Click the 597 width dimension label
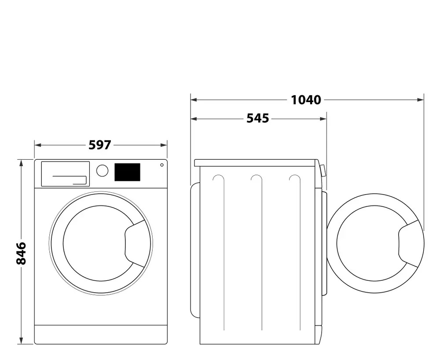[x=100, y=145]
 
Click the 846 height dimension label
[x=21, y=253]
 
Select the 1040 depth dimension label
[x=306, y=100]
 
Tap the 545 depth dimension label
[x=257, y=118]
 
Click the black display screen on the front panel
[x=127, y=172]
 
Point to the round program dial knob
[x=102, y=171]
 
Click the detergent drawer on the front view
[x=65, y=174]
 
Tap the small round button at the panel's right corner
[x=161, y=165]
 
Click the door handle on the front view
[x=135, y=243]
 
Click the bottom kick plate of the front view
[x=101, y=334]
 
